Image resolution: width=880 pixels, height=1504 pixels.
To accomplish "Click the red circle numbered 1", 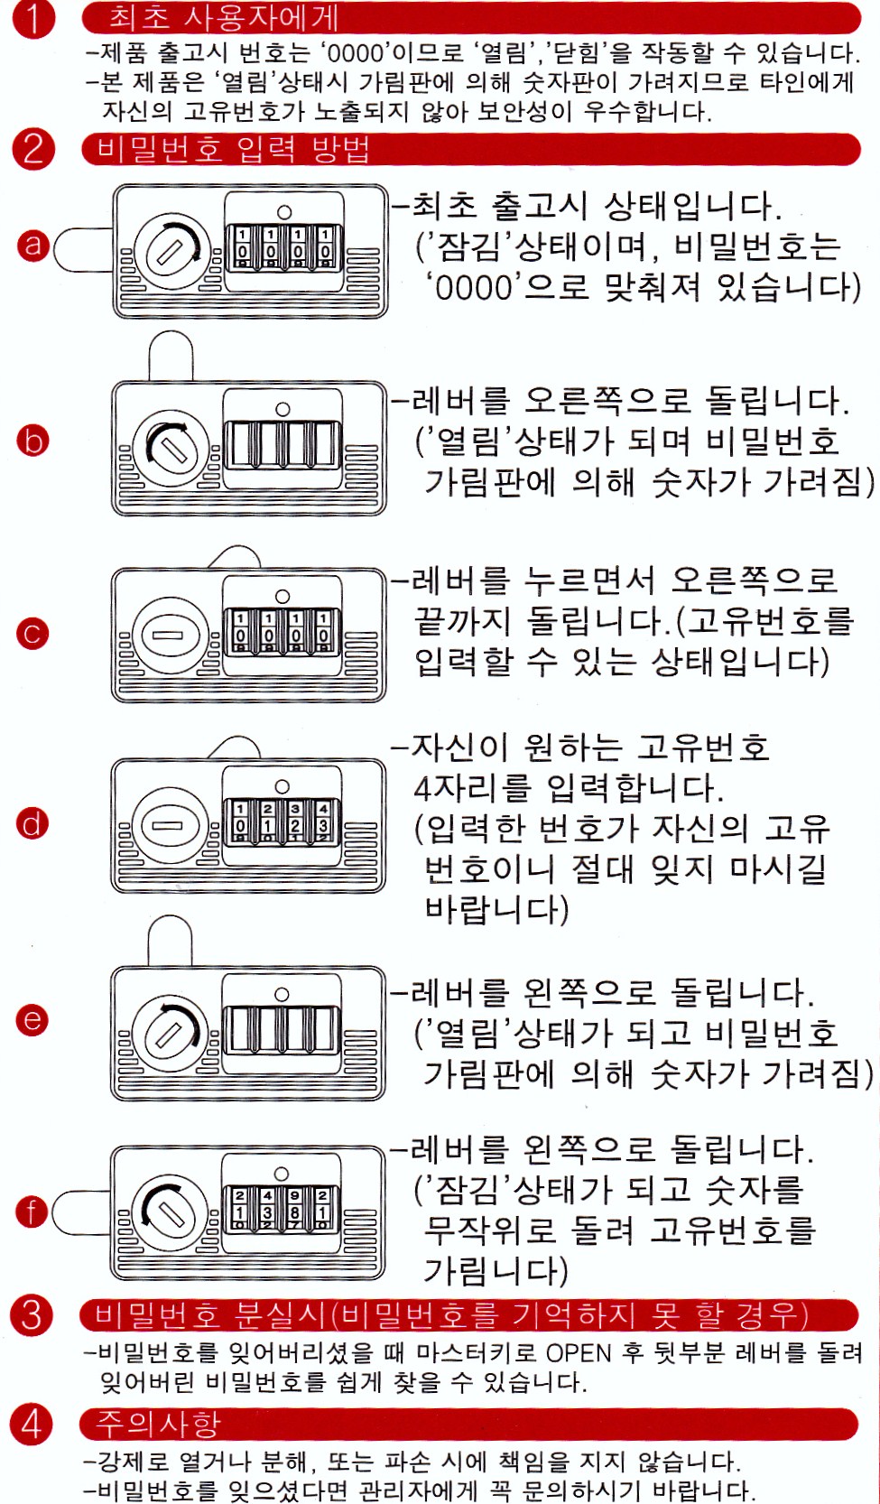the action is pyautogui.click(x=32, y=18).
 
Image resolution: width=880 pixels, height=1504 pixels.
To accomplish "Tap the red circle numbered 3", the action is pyautogui.click(x=32, y=1314).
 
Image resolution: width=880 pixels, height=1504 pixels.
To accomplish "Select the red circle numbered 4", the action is pyautogui.click(x=31, y=1423).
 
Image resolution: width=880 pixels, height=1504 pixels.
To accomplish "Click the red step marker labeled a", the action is pyautogui.click(x=33, y=245).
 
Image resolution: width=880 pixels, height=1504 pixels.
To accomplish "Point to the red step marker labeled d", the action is pyautogui.click(x=32, y=824).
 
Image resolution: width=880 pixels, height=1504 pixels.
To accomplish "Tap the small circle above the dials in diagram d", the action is pyautogui.click(x=283, y=786).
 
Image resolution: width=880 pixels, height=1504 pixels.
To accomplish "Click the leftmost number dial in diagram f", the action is pyautogui.click(x=240, y=1209).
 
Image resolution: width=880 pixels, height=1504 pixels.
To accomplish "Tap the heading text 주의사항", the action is pyautogui.click(x=158, y=1423).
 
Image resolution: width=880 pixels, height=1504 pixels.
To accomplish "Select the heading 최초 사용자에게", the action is pyautogui.click(x=224, y=17).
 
